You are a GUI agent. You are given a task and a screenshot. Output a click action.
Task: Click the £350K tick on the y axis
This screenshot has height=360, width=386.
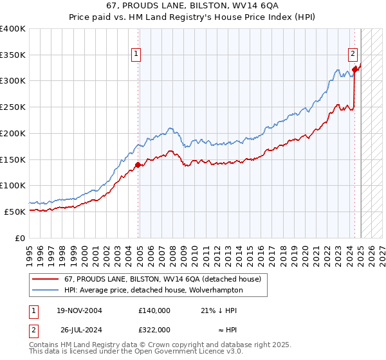(x=13, y=55)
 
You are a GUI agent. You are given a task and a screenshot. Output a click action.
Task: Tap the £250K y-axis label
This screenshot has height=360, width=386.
(x=13, y=107)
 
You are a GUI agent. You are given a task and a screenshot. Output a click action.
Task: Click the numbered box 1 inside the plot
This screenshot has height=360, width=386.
(x=137, y=55)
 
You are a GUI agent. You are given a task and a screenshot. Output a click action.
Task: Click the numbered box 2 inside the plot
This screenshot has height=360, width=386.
(x=353, y=55)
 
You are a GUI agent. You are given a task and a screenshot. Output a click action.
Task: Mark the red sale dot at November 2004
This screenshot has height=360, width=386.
(x=138, y=165)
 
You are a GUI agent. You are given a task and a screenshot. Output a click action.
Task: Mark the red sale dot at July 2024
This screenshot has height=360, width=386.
(x=355, y=70)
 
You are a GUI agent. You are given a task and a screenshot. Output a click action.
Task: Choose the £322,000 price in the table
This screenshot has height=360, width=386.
(x=154, y=330)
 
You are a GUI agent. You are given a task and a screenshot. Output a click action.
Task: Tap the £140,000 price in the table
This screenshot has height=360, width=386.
(x=154, y=310)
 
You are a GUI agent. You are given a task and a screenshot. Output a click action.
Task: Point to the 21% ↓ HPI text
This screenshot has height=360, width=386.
(x=219, y=310)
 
